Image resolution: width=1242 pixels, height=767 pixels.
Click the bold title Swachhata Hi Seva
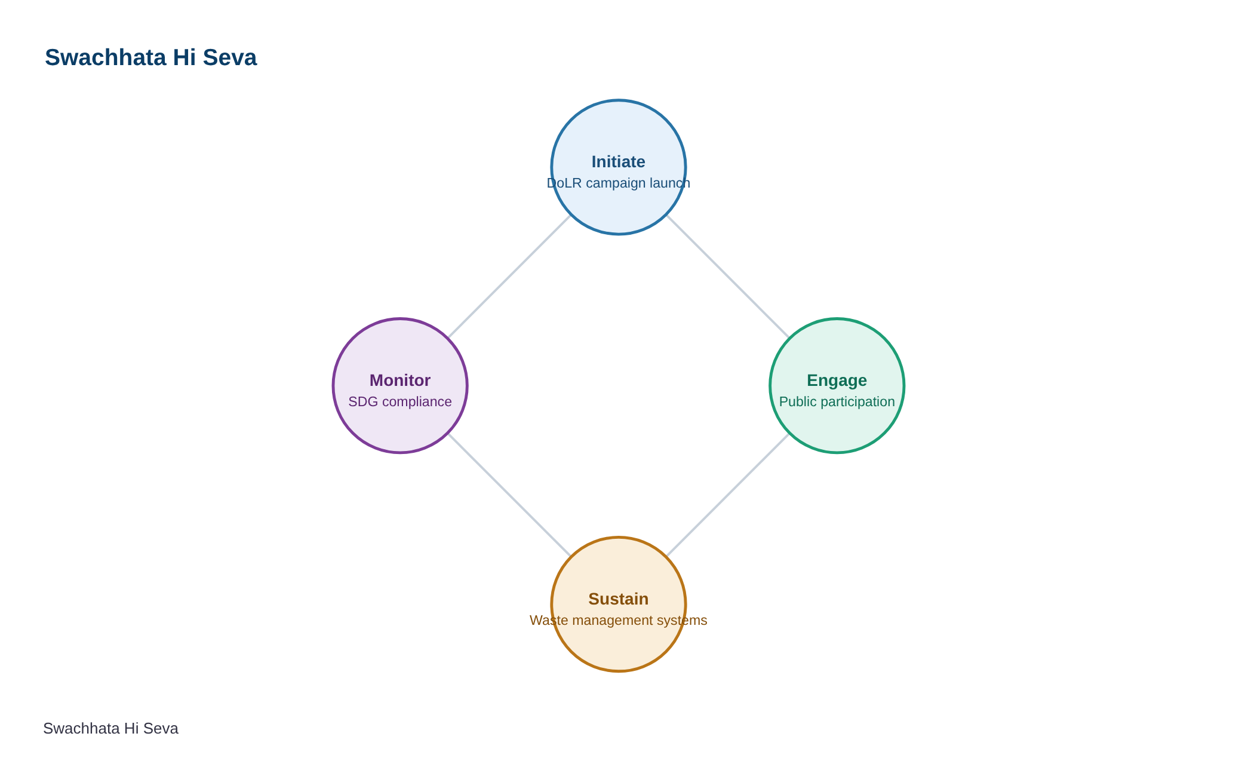[150, 58]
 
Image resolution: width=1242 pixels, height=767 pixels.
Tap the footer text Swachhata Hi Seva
[110, 729]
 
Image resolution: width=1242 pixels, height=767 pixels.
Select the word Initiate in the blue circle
[619, 162]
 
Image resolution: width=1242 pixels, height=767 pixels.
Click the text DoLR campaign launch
[619, 183]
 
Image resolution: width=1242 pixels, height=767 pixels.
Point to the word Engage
[837, 381]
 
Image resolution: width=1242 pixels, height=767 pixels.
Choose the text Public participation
[837, 401]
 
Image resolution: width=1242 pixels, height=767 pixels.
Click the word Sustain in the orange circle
[619, 599]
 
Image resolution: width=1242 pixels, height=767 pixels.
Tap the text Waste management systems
[619, 620]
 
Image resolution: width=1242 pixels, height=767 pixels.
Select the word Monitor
[400, 381]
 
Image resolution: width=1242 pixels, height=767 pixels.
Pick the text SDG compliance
[400, 401]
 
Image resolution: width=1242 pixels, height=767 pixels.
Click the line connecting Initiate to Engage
[728, 277]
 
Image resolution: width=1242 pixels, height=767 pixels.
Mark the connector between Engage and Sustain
[728, 495]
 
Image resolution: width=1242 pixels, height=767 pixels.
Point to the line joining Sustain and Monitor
[509, 495]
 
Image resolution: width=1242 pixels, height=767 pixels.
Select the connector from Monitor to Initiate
[509, 277]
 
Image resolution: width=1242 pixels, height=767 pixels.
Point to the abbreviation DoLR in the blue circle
[564, 183]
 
